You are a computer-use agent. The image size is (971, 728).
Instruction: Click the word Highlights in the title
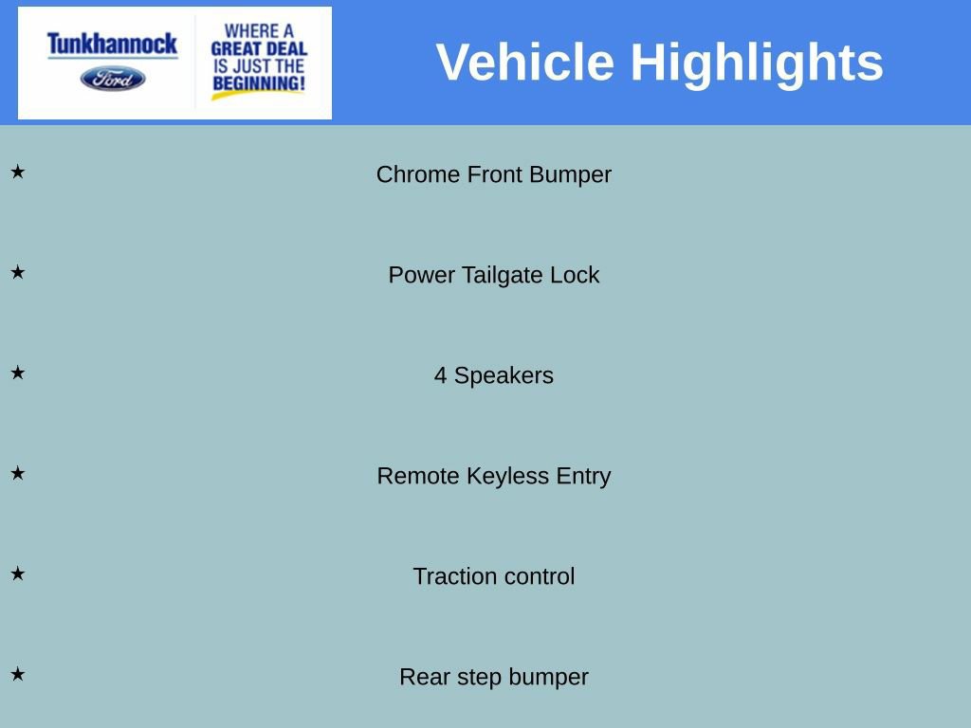(757, 63)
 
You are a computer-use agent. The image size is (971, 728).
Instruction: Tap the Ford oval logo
(113, 79)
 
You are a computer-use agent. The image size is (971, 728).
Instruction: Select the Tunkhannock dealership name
(112, 44)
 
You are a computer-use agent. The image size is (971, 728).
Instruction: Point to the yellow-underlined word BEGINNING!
(259, 84)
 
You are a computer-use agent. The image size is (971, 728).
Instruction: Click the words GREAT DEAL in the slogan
(259, 48)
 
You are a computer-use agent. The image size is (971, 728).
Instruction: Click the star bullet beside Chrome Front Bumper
(18, 173)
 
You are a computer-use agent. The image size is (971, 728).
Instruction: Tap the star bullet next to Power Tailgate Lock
(18, 273)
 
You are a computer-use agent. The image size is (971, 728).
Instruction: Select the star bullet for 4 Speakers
(18, 373)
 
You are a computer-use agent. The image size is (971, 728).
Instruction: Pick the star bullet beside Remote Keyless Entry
(18, 474)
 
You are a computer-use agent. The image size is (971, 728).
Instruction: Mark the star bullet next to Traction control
(18, 574)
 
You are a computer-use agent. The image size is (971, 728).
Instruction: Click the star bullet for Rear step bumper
(18, 675)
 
